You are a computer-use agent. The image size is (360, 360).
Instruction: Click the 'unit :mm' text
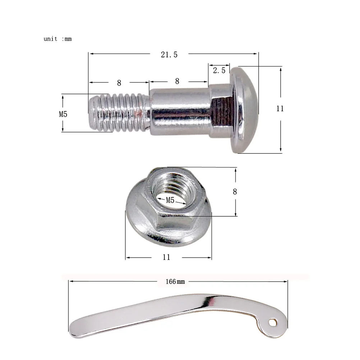pyautogui.click(x=58, y=39)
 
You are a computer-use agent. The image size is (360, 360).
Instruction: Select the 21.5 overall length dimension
pyautogui.click(x=169, y=54)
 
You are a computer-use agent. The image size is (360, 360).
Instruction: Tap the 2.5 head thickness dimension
pyautogui.click(x=219, y=70)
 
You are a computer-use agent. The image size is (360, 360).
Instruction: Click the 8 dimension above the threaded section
pyautogui.click(x=119, y=83)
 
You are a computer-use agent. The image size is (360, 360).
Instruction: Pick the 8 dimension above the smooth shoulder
pyautogui.click(x=177, y=81)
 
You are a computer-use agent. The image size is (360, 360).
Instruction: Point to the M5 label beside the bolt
pyautogui.click(x=63, y=114)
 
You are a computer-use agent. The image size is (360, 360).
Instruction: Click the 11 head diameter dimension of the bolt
pyautogui.click(x=280, y=109)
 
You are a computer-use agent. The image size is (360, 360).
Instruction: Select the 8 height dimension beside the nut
pyautogui.click(x=235, y=191)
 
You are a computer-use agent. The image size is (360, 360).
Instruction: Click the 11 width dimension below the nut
pyautogui.click(x=166, y=257)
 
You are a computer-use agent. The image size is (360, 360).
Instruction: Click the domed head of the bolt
pyautogui.click(x=246, y=110)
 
